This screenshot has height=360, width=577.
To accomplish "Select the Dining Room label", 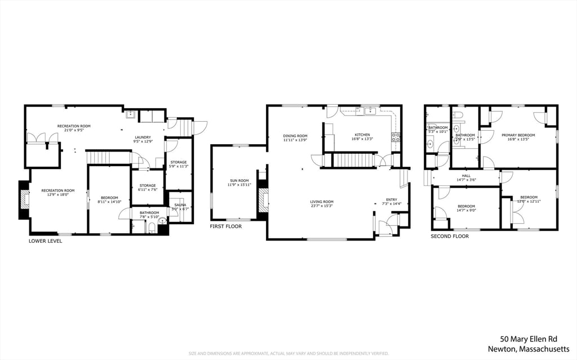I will click(x=295, y=136).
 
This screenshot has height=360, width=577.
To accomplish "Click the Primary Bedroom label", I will click(x=518, y=135).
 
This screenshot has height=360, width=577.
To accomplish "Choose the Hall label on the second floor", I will click(x=466, y=176).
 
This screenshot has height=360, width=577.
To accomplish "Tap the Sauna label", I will click(x=179, y=205).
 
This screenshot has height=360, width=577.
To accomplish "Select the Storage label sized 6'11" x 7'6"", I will click(x=148, y=185).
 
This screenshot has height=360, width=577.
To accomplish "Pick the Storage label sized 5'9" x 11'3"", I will click(x=179, y=162).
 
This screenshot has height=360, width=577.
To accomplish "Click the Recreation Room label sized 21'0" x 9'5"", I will click(x=74, y=126).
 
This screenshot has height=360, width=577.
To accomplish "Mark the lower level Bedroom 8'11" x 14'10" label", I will click(x=109, y=198).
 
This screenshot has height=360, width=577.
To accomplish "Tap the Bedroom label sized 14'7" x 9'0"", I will click(x=466, y=206).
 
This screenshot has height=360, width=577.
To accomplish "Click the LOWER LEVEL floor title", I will click(x=46, y=241).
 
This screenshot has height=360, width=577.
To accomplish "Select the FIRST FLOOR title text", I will click(x=225, y=226).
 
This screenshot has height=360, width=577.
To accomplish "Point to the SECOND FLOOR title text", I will click(x=450, y=237).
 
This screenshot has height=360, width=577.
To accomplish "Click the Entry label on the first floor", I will click(x=391, y=199).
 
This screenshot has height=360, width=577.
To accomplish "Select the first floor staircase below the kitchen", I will click(x=354, y=160).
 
